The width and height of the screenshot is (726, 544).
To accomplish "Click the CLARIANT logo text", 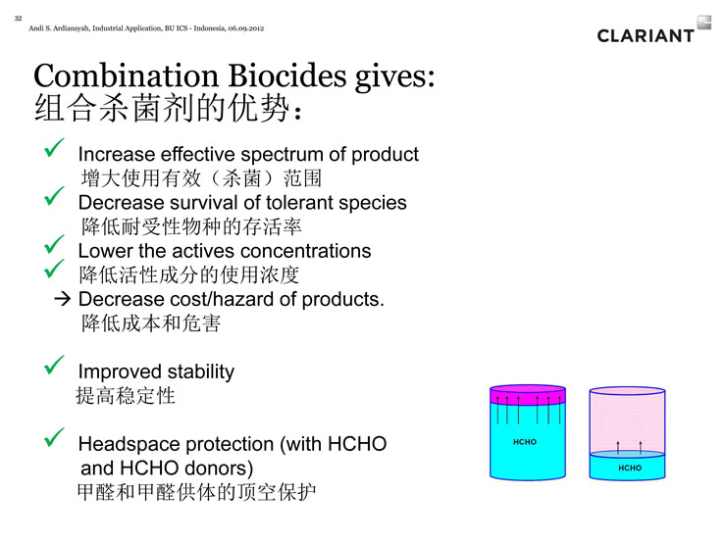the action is tap(646, 35).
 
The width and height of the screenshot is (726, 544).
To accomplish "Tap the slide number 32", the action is tap(18, 19).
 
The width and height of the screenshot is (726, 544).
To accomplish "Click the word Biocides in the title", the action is tap(287, 75).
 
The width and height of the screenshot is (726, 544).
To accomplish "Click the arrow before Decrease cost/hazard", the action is tap(63, 299).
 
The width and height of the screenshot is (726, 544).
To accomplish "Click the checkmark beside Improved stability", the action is tap(54, 365).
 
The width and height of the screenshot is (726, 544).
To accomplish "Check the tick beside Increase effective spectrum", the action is tap(54, 148).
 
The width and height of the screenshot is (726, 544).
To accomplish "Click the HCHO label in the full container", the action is tap(525, 442).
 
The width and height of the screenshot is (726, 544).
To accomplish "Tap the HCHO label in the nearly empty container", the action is tap(630, 468).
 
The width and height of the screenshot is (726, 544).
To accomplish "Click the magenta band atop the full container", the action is tap(528, 395).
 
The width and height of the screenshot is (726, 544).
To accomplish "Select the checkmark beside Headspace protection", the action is tap(54, 437).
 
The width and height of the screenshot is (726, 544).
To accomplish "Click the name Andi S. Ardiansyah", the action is tap(59, 28).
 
